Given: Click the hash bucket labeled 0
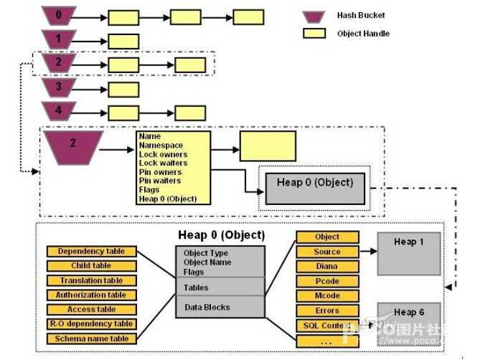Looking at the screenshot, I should point(60,15).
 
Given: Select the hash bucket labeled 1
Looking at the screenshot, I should point(59,39).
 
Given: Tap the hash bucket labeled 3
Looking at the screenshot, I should point(59,88).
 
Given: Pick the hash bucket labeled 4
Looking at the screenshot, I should point(59,111).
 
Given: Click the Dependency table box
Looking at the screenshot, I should point(91,252).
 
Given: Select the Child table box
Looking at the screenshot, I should point(91,266).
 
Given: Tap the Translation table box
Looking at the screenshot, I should point(91,280).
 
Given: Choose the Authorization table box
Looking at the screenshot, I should point(91,295).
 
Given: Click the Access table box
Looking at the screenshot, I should point(91,310).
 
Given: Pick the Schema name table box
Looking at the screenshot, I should point(91,338).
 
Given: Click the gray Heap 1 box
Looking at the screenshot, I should point(409,252).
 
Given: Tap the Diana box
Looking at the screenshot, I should point(327,267).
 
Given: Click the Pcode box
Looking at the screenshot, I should point(327,281).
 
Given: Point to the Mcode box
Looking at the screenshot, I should point(327,295).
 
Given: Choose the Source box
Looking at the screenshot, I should point(327,252).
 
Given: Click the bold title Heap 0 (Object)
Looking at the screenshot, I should point(221,235).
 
